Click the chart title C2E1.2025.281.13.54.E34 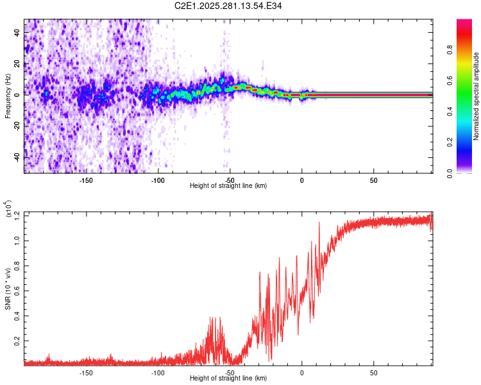click(x=228, y=6)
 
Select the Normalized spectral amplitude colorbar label click(x=477, y=96)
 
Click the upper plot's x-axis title click(x=228, y=185)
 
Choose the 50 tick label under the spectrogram click(x=373, y=179)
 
